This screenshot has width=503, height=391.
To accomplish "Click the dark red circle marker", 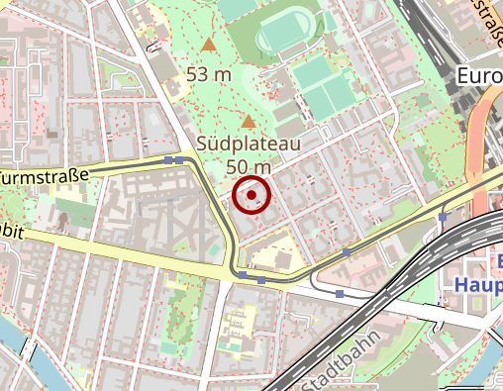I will click(x=252, y=195).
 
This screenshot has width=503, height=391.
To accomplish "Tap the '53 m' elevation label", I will click(x=208, y=74).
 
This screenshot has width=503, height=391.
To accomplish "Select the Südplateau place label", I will click(x=248, y=145).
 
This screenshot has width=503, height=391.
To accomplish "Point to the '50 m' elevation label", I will click(x=248, y=166).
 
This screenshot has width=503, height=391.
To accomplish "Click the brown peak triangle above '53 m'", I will click(x=208, y=46).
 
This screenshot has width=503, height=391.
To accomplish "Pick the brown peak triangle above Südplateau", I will click(x=248, y=121).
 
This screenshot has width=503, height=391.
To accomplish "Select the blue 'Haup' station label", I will click(x=477, y=284).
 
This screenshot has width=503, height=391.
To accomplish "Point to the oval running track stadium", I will click(x=288, y=36).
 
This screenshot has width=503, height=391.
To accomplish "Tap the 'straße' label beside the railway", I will click(x=484, y=22).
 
